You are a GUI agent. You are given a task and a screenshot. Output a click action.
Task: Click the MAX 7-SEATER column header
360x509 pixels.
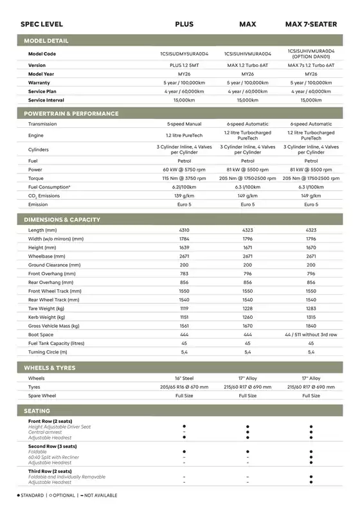311,24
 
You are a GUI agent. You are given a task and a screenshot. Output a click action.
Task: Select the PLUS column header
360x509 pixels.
184,24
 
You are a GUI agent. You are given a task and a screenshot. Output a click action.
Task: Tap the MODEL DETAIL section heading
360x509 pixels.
46,41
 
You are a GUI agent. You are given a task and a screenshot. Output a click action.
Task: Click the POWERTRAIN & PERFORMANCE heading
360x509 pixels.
71,114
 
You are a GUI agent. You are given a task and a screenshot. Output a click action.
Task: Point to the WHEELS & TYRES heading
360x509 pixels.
50,368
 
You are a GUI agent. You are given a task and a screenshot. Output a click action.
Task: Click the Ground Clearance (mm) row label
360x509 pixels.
55,265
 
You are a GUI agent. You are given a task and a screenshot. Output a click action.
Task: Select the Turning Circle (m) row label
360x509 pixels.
48,352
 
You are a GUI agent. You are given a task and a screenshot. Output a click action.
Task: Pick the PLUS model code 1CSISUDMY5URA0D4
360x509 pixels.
184,54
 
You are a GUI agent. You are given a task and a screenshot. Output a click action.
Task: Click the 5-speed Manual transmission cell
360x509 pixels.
184,124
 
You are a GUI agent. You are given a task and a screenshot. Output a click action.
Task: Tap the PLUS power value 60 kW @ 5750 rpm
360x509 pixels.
184,170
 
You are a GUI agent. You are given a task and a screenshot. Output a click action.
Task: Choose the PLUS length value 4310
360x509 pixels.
184,230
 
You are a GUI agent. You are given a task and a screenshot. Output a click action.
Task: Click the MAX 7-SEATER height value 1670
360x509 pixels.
311,247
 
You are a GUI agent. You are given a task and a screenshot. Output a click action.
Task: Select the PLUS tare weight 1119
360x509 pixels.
184,308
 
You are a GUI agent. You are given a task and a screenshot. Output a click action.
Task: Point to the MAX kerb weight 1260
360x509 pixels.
248,317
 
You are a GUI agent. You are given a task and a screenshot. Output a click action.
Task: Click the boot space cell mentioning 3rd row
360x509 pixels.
311,335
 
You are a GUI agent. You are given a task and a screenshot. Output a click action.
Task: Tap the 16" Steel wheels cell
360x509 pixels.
184,379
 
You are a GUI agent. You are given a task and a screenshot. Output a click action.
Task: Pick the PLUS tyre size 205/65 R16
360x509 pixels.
184,387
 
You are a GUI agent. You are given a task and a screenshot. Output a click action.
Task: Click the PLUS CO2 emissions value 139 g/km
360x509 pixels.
184,195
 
